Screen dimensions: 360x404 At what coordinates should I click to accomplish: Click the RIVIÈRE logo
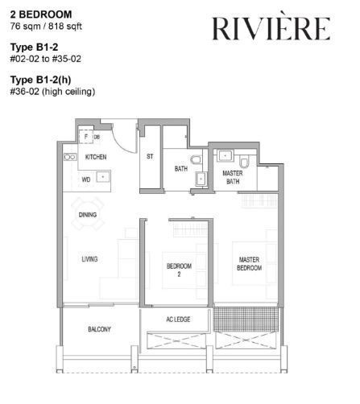(271, 28)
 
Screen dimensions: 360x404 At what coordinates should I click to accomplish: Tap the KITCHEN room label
(96, 157)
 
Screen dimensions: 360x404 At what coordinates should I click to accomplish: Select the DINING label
(88, 215)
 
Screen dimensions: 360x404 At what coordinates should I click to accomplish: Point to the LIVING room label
(89, 259)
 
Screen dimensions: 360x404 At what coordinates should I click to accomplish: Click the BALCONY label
(99, 329)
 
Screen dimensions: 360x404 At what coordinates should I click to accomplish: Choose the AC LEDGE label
(178, 319)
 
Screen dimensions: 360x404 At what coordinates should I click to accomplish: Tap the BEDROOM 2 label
(179, 270)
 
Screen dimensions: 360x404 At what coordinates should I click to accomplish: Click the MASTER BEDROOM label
(249, 264)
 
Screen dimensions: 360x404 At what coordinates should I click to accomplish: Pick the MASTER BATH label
(233, 177)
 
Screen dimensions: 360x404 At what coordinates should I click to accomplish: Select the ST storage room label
(150, 156)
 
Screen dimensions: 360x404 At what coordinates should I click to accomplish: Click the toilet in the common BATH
(196, 160)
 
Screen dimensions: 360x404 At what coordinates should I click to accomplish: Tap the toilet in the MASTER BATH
(244, 162)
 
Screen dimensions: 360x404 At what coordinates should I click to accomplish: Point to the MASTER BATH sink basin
(225, 155)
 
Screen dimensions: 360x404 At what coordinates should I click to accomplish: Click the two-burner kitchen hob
(70, 157)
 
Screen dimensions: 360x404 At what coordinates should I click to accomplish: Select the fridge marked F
(85, 137)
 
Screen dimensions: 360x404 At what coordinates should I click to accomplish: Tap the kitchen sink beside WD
(103, 177)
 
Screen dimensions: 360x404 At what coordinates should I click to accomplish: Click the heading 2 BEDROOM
(41, 14)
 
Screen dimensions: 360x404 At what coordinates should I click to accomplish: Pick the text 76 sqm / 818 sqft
(46, 27)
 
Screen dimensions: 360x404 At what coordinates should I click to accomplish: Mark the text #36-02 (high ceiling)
(52, 92)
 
